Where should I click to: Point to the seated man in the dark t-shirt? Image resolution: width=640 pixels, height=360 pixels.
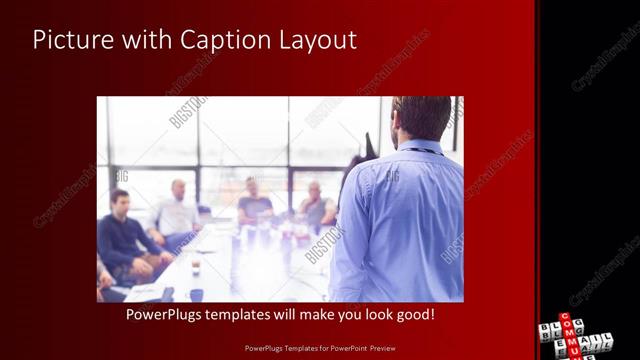click(x=254, y=202)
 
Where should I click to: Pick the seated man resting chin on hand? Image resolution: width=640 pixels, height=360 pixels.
click(x=315, y=205)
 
